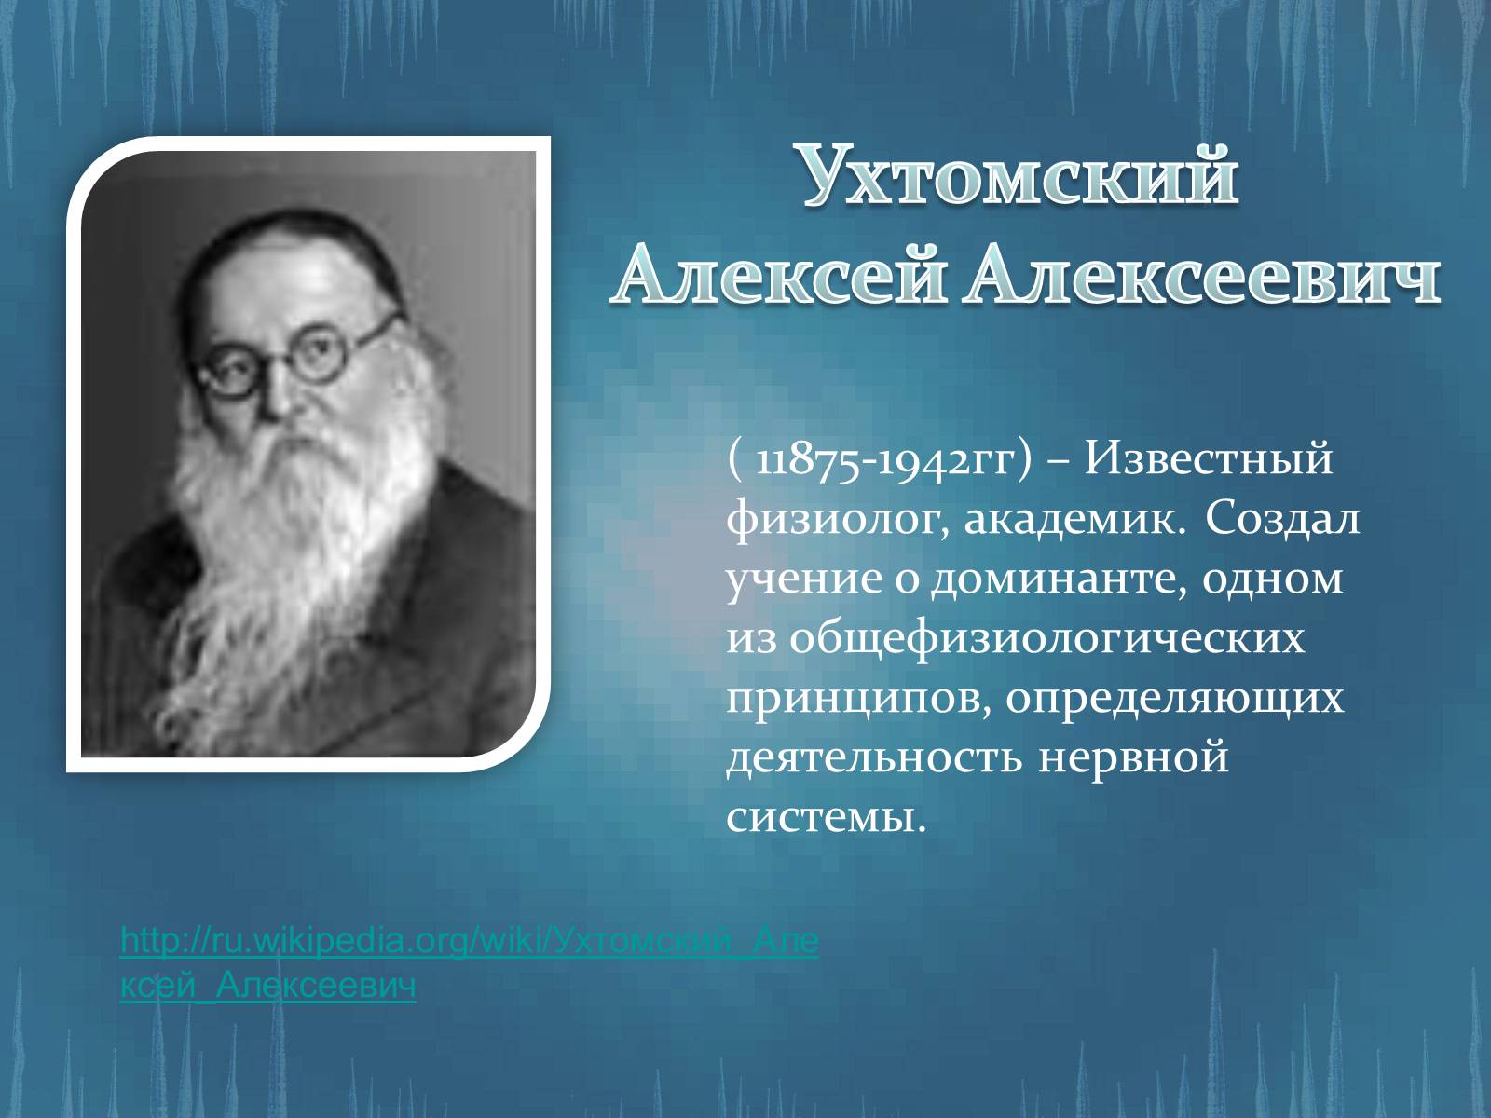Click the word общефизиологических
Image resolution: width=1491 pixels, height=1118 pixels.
[1046, 641]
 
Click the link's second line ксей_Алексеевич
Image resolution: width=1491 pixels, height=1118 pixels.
[268, 987]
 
